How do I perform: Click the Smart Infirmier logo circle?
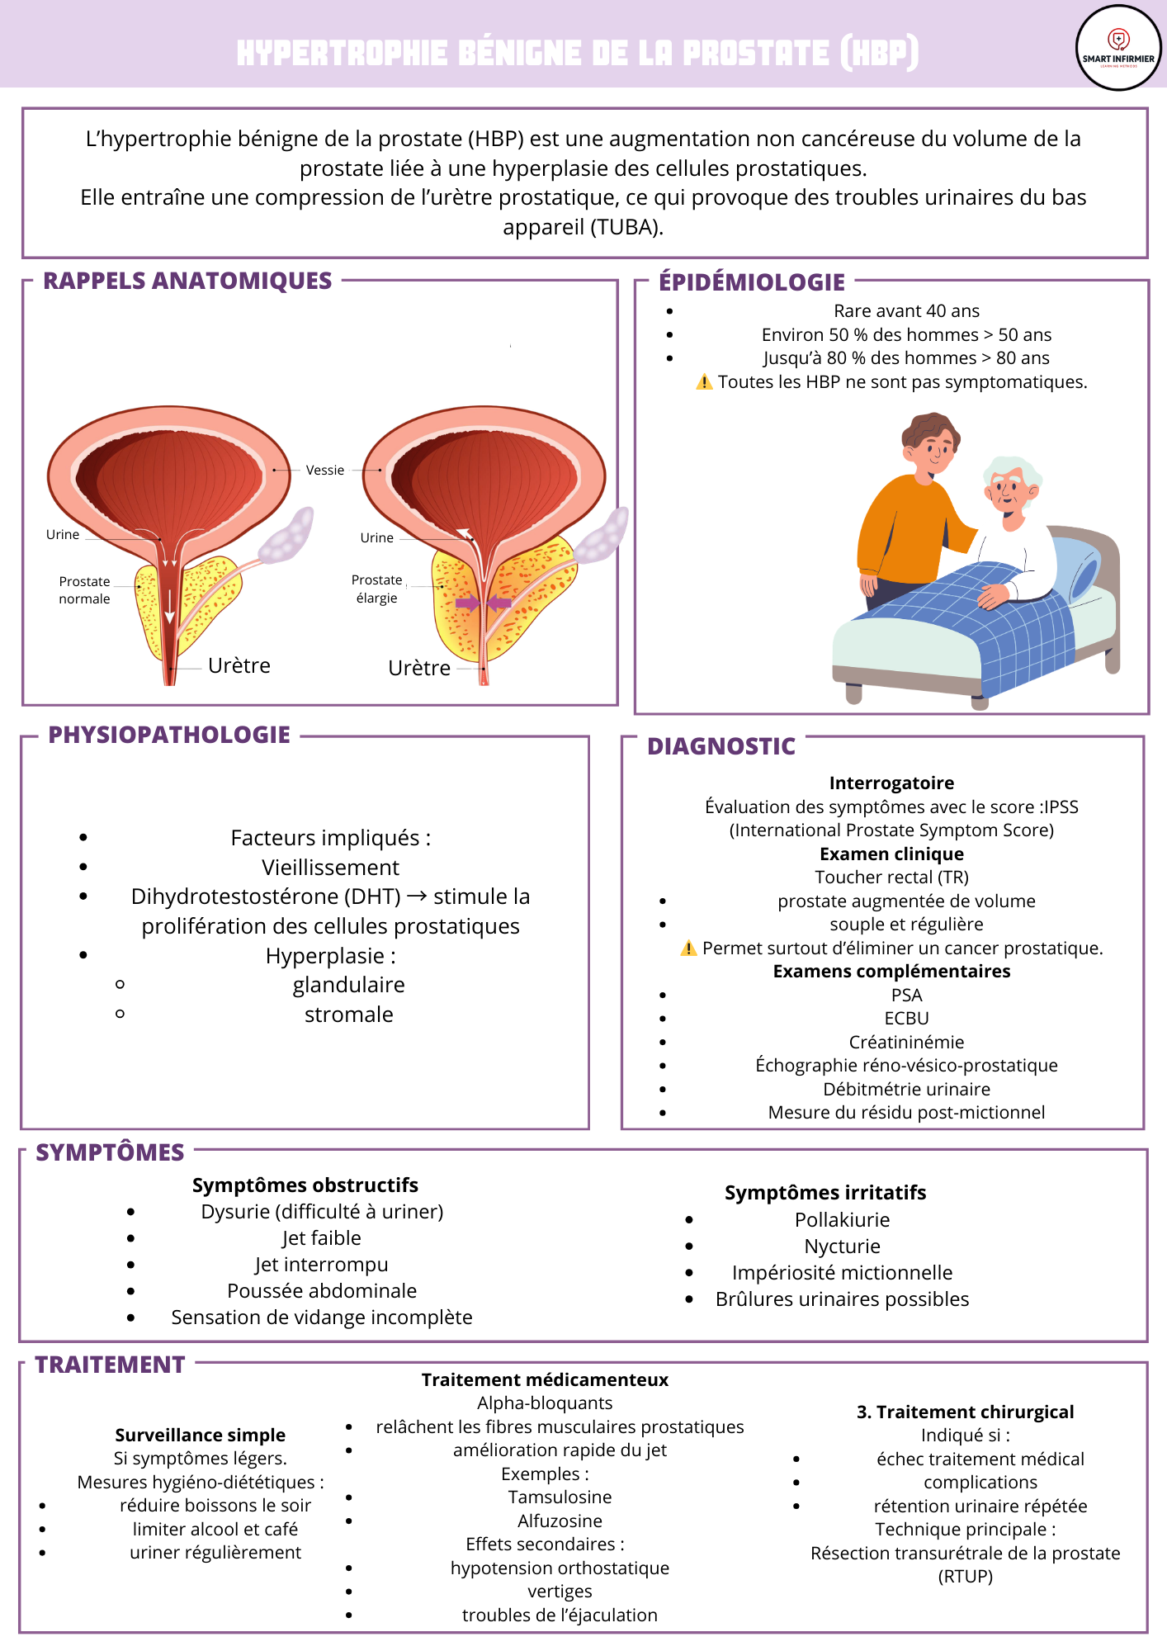click(1118, 48)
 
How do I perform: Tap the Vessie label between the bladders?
click(324, 471)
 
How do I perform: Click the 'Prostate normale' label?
click(84, 590)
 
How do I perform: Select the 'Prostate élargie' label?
click(377, 589)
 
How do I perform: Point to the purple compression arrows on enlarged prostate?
click(484, 603)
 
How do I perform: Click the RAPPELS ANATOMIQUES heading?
click(187, 281)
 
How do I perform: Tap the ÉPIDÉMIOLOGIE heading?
click(751, 282)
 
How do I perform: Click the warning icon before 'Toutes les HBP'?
click(704, 382)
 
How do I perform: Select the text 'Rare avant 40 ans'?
click(906, 311)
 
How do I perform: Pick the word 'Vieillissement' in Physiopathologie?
click(330, 868)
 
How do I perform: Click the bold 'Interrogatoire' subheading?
click(891, 783)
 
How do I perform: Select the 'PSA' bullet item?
click(906, 995)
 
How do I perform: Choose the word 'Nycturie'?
click(842, 1246)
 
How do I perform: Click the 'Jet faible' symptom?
click(321, 1238)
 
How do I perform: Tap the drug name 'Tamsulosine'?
click(560, 1497)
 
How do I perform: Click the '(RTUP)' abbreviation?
click(965, 1576)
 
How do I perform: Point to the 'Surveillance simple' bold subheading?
click(200, 1435)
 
